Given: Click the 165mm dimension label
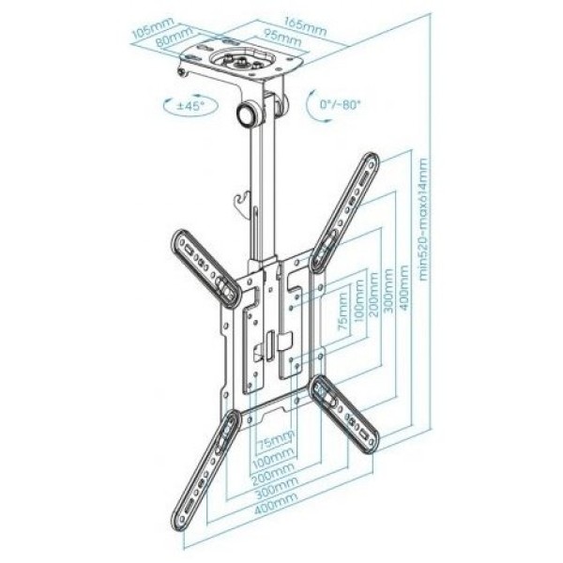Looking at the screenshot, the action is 306,26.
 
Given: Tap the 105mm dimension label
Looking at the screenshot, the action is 153,27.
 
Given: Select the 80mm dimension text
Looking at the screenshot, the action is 175,37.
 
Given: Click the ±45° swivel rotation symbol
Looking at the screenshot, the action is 190,105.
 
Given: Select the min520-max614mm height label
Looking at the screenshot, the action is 424,220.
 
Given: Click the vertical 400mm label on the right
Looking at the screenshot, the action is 403,288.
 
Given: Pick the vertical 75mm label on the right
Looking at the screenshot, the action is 342,312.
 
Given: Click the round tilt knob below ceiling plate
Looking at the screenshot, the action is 248,114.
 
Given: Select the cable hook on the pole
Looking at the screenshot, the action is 242,203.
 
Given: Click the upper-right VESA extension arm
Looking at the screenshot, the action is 345,212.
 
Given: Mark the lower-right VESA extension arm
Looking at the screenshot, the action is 344,414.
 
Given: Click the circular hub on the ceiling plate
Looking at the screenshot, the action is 241,58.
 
